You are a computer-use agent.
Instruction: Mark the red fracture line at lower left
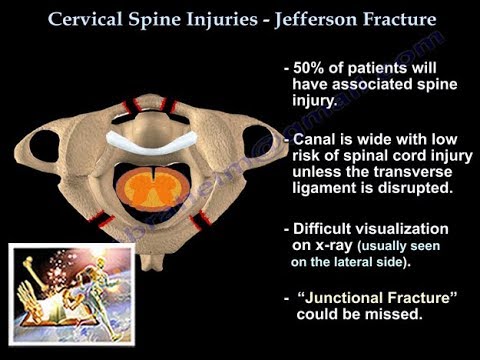104,217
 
